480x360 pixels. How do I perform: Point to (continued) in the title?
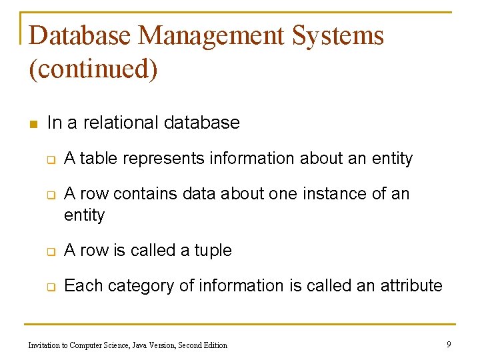click(93, 69)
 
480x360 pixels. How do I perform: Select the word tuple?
click(213, 251)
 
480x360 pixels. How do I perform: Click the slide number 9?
click(449, 344)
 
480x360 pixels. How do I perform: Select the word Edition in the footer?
click(214, 345)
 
